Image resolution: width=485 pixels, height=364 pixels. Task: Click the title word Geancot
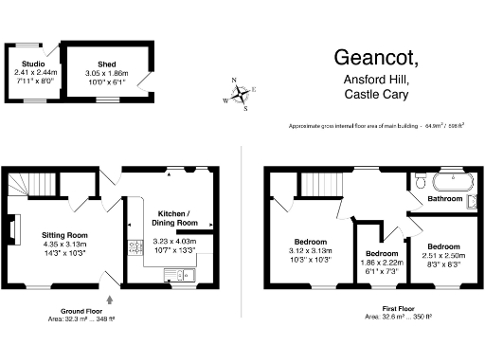point(376,57)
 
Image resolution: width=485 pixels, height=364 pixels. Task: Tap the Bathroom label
point(444,200)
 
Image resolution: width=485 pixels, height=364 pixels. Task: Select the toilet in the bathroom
point(473,200)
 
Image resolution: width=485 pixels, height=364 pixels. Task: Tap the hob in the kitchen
point(134,251)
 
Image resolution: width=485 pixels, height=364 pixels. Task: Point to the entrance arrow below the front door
point(111,299)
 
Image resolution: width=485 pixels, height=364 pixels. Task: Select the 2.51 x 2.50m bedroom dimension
point(441,254)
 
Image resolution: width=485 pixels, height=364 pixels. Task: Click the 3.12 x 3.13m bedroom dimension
point(310,251)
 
